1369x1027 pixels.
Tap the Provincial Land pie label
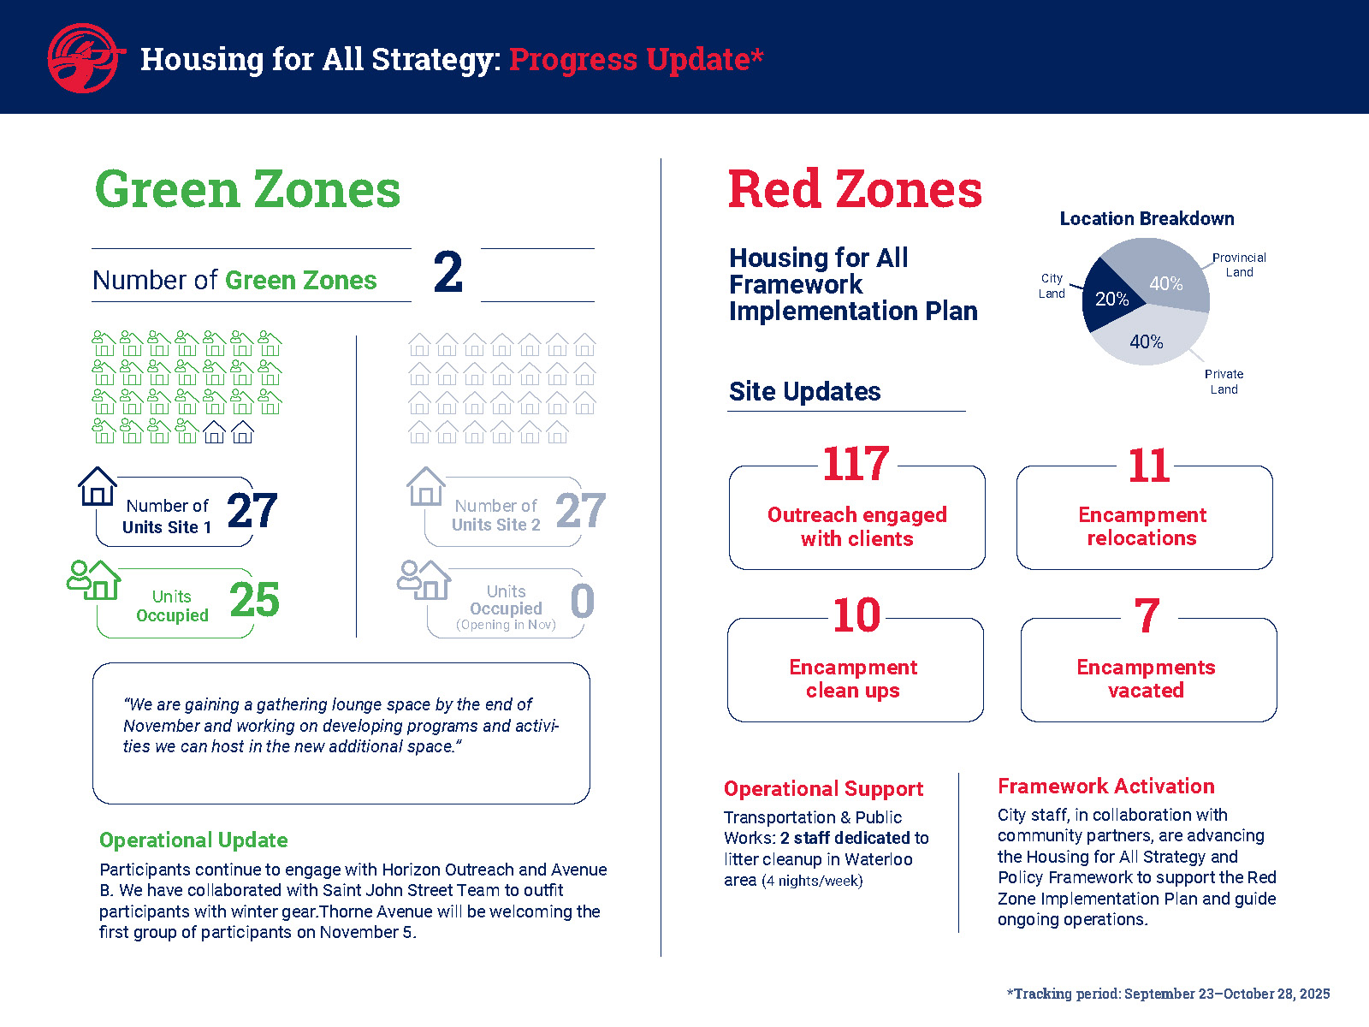click(1239, 264)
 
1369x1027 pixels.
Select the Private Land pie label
click(1224, 382)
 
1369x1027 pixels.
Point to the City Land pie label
click(1052, 286)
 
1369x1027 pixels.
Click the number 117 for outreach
click(856, 465)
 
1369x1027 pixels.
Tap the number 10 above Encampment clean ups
click(856, 616)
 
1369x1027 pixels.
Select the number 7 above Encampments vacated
click(1147, 616)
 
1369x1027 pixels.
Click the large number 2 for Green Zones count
click(447, 273)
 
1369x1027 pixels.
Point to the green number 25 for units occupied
click(254, 600)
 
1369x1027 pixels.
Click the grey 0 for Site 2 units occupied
click(583, 601)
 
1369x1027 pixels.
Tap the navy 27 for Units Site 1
click(252, 511)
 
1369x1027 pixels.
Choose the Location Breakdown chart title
click(1147, 218)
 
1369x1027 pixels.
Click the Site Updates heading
click(804, 391)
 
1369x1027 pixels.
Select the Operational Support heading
click(823, 788)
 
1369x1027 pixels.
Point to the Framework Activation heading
click(1105, 786)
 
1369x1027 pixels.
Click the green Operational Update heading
click(193, 840)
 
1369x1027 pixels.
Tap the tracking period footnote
click(1168, 994)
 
